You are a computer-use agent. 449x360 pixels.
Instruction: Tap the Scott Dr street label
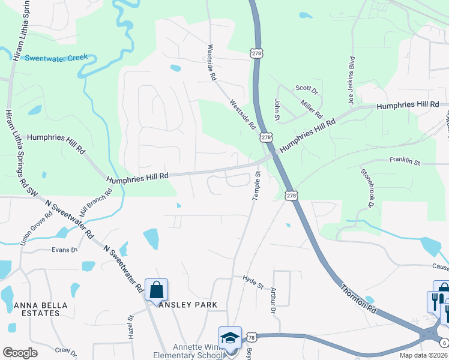(306, 88)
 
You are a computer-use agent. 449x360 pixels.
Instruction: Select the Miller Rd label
(313, 108)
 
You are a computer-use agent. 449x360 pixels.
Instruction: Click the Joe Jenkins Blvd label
(352, 80)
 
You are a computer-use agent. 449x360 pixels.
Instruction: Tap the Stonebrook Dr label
(367, 188)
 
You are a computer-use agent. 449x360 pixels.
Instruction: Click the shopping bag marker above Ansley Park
(156, 290)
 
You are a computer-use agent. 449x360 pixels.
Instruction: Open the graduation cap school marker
(230, 338)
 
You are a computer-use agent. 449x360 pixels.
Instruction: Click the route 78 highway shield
(252, 337)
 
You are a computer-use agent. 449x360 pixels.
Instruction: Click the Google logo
(20, 353)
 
